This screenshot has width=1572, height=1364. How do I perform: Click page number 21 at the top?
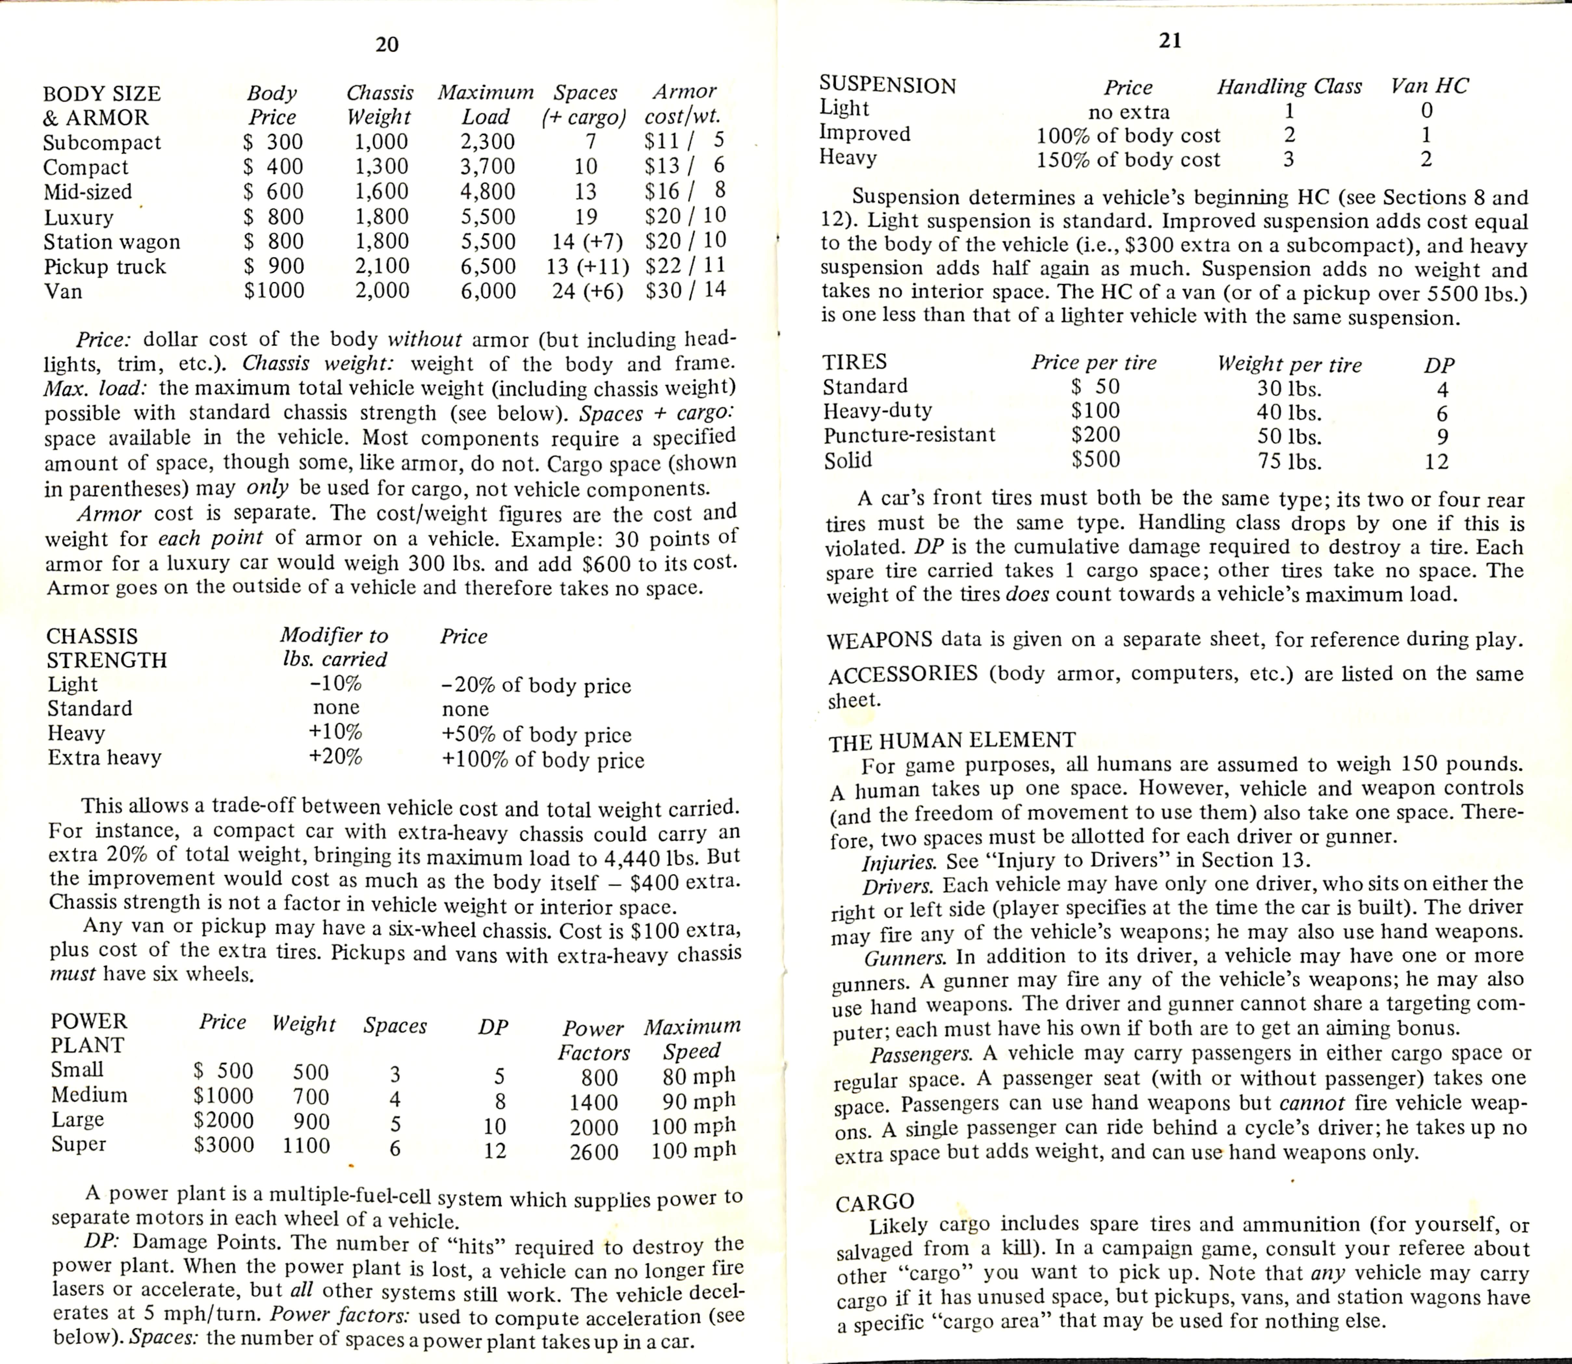(1170, 41)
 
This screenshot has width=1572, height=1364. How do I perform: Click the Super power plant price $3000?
(224, 1145)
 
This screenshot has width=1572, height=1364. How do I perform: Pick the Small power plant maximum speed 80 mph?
(699, 1076)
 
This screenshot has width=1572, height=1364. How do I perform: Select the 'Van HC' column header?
(1429, 86)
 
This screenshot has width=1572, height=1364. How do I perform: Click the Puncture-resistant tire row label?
(909, 435)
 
